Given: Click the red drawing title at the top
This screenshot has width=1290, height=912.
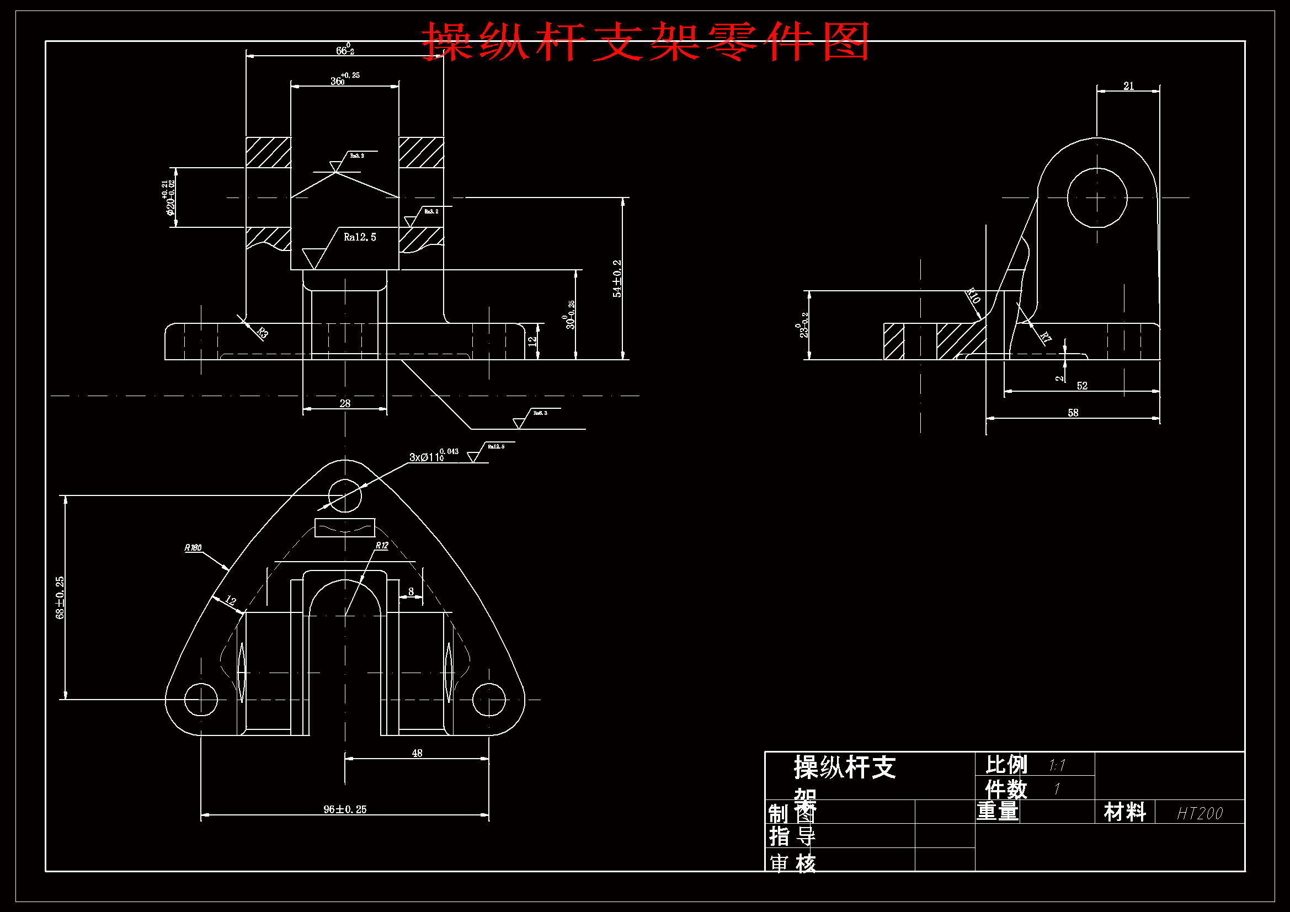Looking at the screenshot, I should [646, 41].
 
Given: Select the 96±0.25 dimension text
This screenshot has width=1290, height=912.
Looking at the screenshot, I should [344, 809].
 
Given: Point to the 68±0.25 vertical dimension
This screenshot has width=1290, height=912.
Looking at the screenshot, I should [60, 598].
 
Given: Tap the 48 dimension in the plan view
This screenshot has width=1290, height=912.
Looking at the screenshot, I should [417, 753].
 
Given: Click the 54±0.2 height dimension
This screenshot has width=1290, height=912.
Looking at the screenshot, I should [617, 278].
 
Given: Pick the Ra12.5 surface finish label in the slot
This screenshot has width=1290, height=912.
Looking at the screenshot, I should [360, 237].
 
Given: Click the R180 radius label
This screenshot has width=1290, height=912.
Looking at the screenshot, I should [193, 547].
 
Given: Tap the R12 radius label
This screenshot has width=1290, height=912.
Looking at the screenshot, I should [381, 545].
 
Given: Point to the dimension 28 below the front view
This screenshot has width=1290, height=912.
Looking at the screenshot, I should [345, 403].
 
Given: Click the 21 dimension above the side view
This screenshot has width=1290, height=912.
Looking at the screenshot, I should [1128, 86].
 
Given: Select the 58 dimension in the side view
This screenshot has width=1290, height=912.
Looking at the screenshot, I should [1073, 413].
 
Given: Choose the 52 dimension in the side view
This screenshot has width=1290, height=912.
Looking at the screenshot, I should [1081, 386].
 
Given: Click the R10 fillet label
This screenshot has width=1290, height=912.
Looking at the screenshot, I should [973, 296].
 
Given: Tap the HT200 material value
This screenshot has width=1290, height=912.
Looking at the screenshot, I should [1200, 813].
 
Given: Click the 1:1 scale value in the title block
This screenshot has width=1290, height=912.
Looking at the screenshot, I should [1057, 765].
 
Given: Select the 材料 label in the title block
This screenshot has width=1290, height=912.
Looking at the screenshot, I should [1124, 812].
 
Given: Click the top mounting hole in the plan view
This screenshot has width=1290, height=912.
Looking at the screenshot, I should [344, 495].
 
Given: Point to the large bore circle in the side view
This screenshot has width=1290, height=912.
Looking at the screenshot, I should [1097, 198].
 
